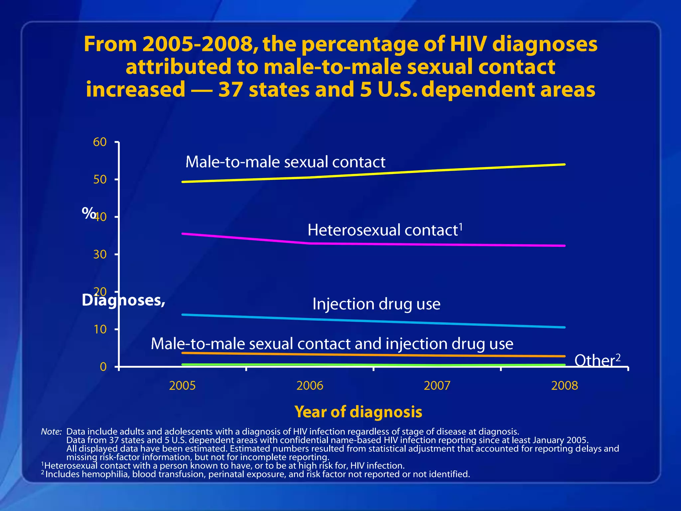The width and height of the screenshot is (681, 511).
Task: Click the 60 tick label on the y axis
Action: click(100, 142)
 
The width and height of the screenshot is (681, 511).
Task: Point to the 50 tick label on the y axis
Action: click(100, 180)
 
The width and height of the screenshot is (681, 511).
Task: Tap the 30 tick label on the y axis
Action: click(100, 255)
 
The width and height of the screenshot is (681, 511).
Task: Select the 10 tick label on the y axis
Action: click(100, 329)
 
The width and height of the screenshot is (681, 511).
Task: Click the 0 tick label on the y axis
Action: click(103, 367)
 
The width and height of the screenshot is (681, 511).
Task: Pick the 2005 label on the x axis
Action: click(182, 386)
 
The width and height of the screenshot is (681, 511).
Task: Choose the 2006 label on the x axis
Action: click(310, 386)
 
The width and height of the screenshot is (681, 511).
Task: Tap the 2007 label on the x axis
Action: click(437, 386)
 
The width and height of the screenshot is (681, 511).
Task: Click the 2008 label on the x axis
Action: click(564, 386)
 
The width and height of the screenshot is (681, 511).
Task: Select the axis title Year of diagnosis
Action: click(358, 412)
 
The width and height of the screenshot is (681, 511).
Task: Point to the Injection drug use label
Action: click(376, 304)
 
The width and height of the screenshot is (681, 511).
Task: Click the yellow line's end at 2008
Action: click(564, 164)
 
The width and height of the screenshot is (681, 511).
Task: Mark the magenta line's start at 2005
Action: click(183, 234)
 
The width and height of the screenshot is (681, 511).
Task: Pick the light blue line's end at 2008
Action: click(564, 327)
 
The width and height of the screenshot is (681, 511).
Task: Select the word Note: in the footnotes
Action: click(51, 431)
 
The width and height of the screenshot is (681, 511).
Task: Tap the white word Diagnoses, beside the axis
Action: click(123, 300)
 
